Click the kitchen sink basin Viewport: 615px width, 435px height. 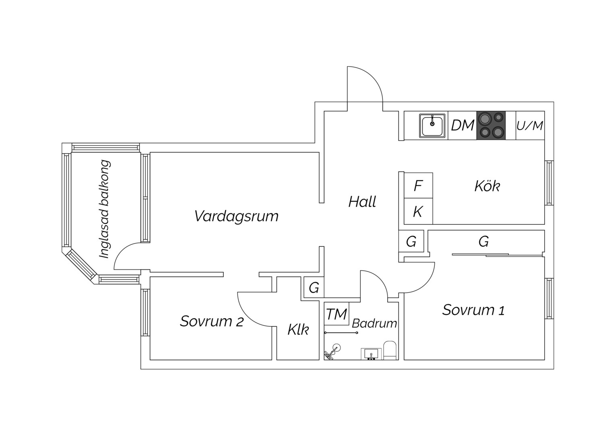click(x=432, y=126)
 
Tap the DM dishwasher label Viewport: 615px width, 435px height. click(x=462, y=126)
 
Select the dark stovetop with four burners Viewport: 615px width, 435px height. click(x=491, y=125)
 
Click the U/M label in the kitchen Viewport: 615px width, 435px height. click(x=530, y=126)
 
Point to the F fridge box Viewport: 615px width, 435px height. click(x=419, y=185)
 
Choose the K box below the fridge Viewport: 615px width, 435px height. click(x=419, y=211)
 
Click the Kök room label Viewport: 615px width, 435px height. click(x=487, y=186)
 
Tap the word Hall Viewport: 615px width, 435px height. click(x=362, y=202)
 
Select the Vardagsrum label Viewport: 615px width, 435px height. click(x=236, y=216)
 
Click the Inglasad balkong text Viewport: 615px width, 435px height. click(x=105, y=209)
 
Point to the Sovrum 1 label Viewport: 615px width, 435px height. click(x=473, y=310)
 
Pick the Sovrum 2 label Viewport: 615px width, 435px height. click(x=212, y=321)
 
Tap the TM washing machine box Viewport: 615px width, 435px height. click(x=336, y=313)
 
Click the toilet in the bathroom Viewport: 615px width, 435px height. click(x=390, y=350)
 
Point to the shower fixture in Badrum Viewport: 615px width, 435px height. click(x=332, y=352)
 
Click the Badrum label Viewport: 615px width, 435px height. click(x=374, y=323)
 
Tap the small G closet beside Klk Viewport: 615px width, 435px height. click(x=314, y=288)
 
